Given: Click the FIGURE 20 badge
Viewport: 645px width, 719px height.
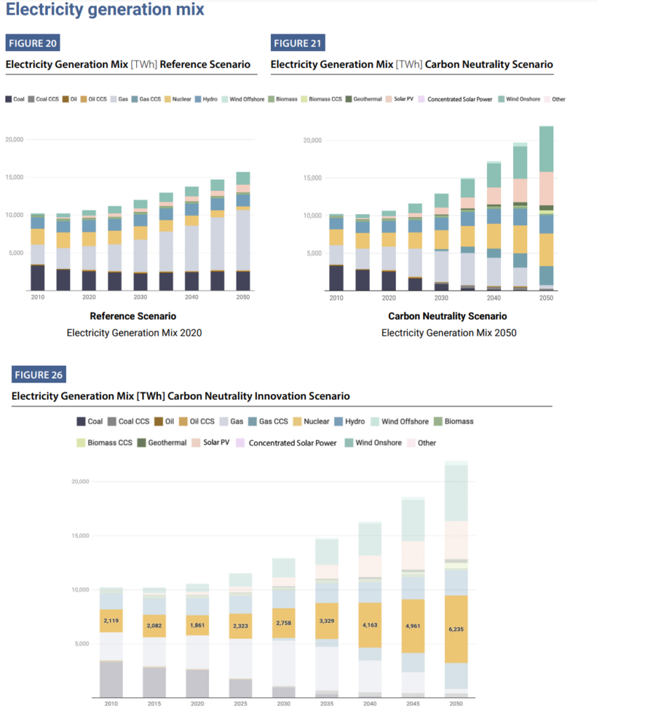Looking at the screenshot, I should coord(32,43).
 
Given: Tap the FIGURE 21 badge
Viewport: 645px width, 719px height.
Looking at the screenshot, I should coord(298,43).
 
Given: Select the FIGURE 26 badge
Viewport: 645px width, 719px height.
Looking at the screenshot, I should coord(38,375).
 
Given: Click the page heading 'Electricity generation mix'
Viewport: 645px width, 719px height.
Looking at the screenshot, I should coord(105,10).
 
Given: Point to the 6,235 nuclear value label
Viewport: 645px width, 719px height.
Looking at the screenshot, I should coord(456,629).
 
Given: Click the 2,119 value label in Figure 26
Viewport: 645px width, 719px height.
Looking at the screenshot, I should coord(112,621).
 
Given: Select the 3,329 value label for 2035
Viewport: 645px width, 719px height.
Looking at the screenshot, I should coord(327,621).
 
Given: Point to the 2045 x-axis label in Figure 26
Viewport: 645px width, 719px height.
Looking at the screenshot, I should coord(413,703).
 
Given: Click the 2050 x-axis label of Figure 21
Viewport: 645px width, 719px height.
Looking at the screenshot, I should coord(546,298).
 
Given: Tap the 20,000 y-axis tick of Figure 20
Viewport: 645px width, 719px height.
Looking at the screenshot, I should coord(14,139).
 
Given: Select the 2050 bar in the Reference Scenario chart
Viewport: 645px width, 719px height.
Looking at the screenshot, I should coord(243,232).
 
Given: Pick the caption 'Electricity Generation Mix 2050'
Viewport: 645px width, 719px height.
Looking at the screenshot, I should coord(448,333).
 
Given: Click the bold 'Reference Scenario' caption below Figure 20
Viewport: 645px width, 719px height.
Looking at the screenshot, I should coord(133,317).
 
